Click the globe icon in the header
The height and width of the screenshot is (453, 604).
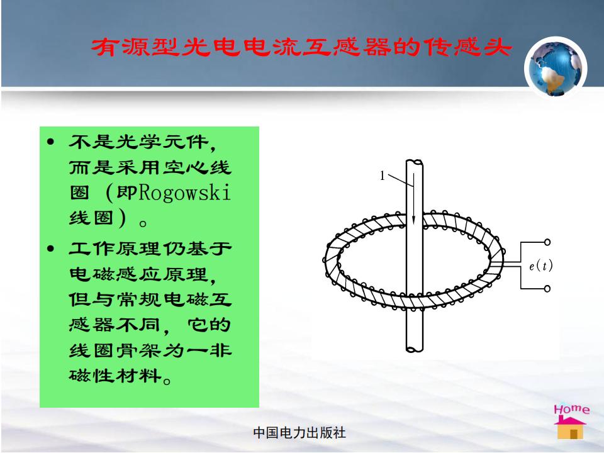point(556,67)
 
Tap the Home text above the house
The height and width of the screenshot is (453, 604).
point(571,409)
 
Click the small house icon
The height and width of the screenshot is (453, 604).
point(570,427)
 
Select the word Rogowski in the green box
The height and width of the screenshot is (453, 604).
point(184,193)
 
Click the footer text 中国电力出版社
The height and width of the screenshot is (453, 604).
point(299,433)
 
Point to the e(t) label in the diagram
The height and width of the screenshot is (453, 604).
point(540,266)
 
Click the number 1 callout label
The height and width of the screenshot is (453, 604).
point(382,176)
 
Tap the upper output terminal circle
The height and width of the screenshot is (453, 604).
point(547,242)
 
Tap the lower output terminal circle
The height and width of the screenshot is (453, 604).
point(547,289)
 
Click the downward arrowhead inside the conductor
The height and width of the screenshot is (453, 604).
point(414,219)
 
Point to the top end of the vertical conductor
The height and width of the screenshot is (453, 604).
point(415,162)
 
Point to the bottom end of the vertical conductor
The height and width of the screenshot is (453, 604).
point(415,349)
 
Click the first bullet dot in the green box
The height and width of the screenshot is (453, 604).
point(50,142)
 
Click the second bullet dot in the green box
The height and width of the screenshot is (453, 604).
point(50,249)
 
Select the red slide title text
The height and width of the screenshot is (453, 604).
point(301,48)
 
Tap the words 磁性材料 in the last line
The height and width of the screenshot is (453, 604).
point(115,375)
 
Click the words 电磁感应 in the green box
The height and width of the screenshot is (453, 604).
point(115,274)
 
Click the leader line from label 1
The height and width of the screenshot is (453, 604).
point(401,181)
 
